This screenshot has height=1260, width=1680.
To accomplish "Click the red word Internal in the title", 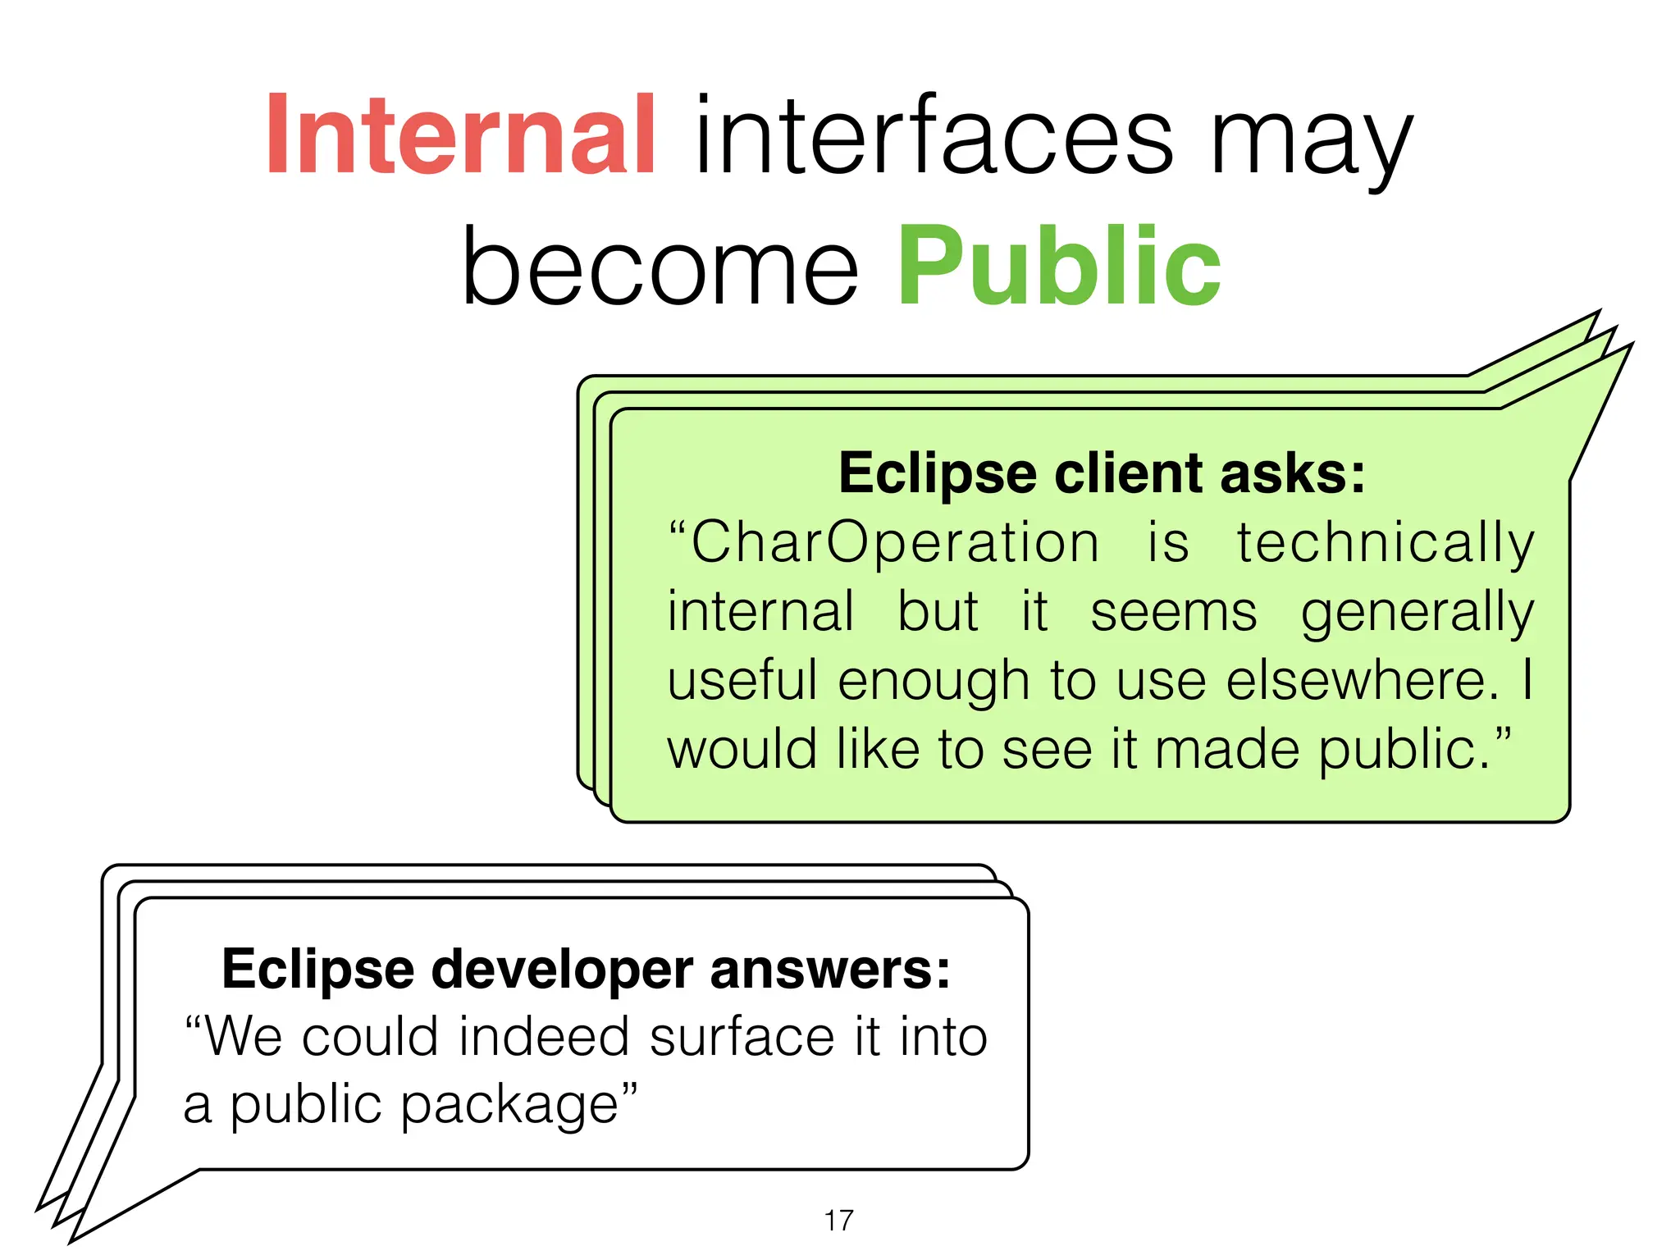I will pos(460,135).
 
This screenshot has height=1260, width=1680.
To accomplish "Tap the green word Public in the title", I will pos(1059,267).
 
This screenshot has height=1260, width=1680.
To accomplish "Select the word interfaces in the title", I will pos(934,135).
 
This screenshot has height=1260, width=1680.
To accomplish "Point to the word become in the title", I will pos(660,267).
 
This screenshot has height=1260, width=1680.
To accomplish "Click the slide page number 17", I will pos(838,1221).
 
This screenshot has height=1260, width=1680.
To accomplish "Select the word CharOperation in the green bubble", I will pos(894,543).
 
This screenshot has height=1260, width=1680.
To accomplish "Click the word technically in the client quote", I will pos(1385,543).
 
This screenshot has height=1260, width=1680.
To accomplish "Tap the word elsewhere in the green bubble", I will pos(1363,681).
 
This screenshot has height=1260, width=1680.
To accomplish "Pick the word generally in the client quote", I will pos(1417,613).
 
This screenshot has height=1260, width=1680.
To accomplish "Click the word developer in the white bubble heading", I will pos(562,970).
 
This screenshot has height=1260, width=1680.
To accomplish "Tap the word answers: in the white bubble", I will pos(829,970).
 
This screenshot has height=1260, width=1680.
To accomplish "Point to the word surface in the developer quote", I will pos(742,1037).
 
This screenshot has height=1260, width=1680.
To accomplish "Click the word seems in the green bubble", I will pos(1173,613).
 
